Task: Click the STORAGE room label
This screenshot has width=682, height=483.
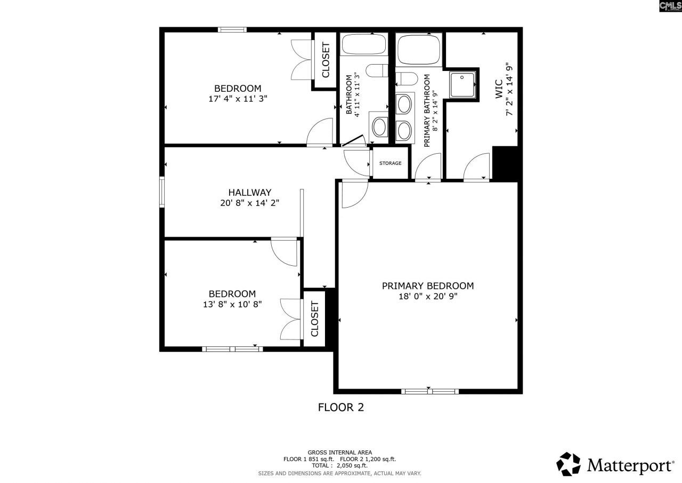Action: point(390,163)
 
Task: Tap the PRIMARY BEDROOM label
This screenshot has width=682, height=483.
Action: point(427,286)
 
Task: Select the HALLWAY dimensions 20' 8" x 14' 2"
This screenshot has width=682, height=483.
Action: point(250,203)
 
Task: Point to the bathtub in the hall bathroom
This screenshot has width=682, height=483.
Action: point(363,44)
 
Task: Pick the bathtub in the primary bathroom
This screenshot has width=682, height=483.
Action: point(419,50)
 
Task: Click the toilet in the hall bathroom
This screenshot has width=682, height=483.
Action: point(378,71)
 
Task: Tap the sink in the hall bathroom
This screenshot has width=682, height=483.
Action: point(379,127)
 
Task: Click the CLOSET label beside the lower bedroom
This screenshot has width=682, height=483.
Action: point(314,319)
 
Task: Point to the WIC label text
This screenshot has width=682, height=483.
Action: point(499,88)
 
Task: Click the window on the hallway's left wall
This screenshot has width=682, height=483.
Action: point(162,191)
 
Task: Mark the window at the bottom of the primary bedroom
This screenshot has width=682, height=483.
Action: point(429,391)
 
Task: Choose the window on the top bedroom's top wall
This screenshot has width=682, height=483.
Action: point(232,30)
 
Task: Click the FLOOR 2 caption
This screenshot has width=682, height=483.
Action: point(340,408)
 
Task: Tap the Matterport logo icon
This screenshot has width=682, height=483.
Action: point(569,464)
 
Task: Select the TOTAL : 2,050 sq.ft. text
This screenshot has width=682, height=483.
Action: point(340,465)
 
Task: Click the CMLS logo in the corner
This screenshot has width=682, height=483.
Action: point(670,6)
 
